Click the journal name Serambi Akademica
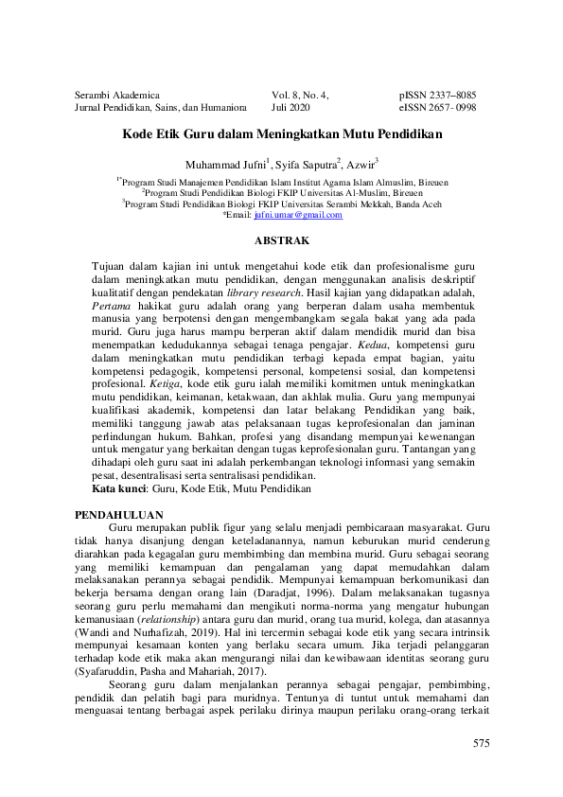tap(115, 96)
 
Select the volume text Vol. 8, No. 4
tap(300, 96)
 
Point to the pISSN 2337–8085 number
tap(437, 96)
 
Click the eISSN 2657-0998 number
tap(437, 108)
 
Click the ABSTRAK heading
tap(281, 240)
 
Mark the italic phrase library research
tap(290, 292)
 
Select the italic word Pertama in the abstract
tap(111, 307)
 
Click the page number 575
tap(481, 744)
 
